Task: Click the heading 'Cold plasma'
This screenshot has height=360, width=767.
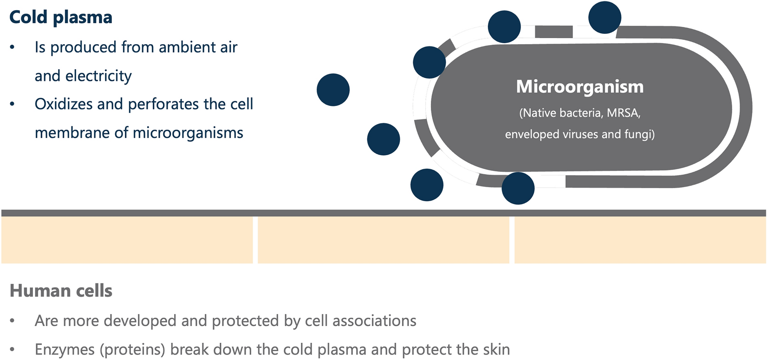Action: point(61,18)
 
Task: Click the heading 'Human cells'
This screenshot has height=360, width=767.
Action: point(61,291)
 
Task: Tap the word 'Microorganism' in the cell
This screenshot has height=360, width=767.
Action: point(580,87)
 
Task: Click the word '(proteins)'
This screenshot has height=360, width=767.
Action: point(132,349)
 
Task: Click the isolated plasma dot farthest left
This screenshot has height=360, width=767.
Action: point(333,90)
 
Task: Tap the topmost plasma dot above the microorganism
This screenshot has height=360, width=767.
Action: point(604,18)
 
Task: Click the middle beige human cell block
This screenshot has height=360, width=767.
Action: point(383,240)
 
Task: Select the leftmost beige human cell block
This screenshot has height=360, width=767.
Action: point(127,240)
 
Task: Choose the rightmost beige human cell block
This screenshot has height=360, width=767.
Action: point(640,240)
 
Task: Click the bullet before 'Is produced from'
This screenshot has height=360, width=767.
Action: point(13,47)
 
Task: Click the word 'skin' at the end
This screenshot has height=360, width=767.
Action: point(495,349)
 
